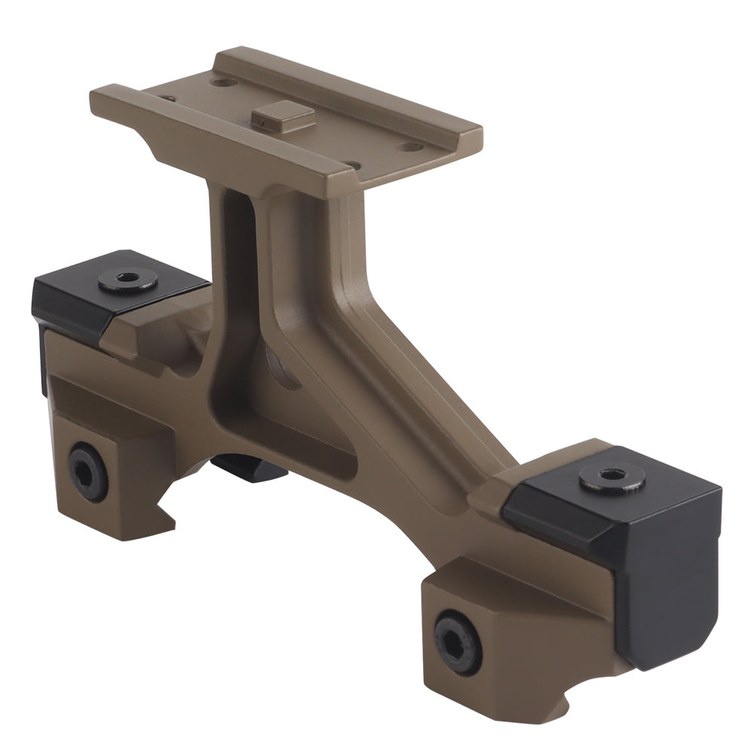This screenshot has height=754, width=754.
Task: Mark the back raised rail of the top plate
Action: point(347,90)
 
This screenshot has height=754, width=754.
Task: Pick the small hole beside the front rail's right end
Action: point(368,158)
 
